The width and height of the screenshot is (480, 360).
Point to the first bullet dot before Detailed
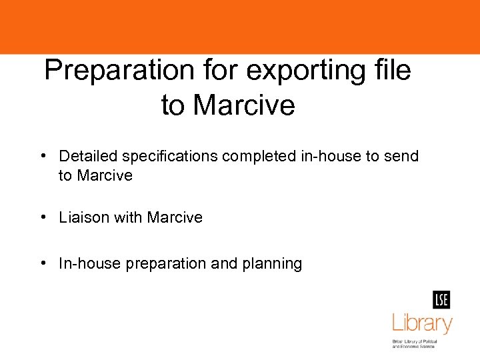pyautogui.click(x=42, y=156)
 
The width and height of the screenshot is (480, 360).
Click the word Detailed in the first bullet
pyautogui.click(x=88, y=156)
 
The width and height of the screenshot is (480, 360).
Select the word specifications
pyautogui.click(x=169, y=157)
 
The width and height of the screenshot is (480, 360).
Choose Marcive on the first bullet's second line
pyautogui.click(x=105, y=175)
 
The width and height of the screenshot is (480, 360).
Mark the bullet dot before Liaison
pyautogui.click(x=42, y=217)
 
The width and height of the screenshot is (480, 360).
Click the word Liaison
pyautogui.click(x=83, y=217)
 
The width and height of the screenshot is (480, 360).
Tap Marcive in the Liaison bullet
pyautogui.click(x=175, y=217)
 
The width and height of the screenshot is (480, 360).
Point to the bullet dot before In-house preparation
pyautogui.click(x=42, y=263)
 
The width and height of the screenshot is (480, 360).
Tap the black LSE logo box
pyautogui.click(x=441, y=300)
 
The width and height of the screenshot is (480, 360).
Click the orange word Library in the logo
pyautogui.click(x=421, y=324)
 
